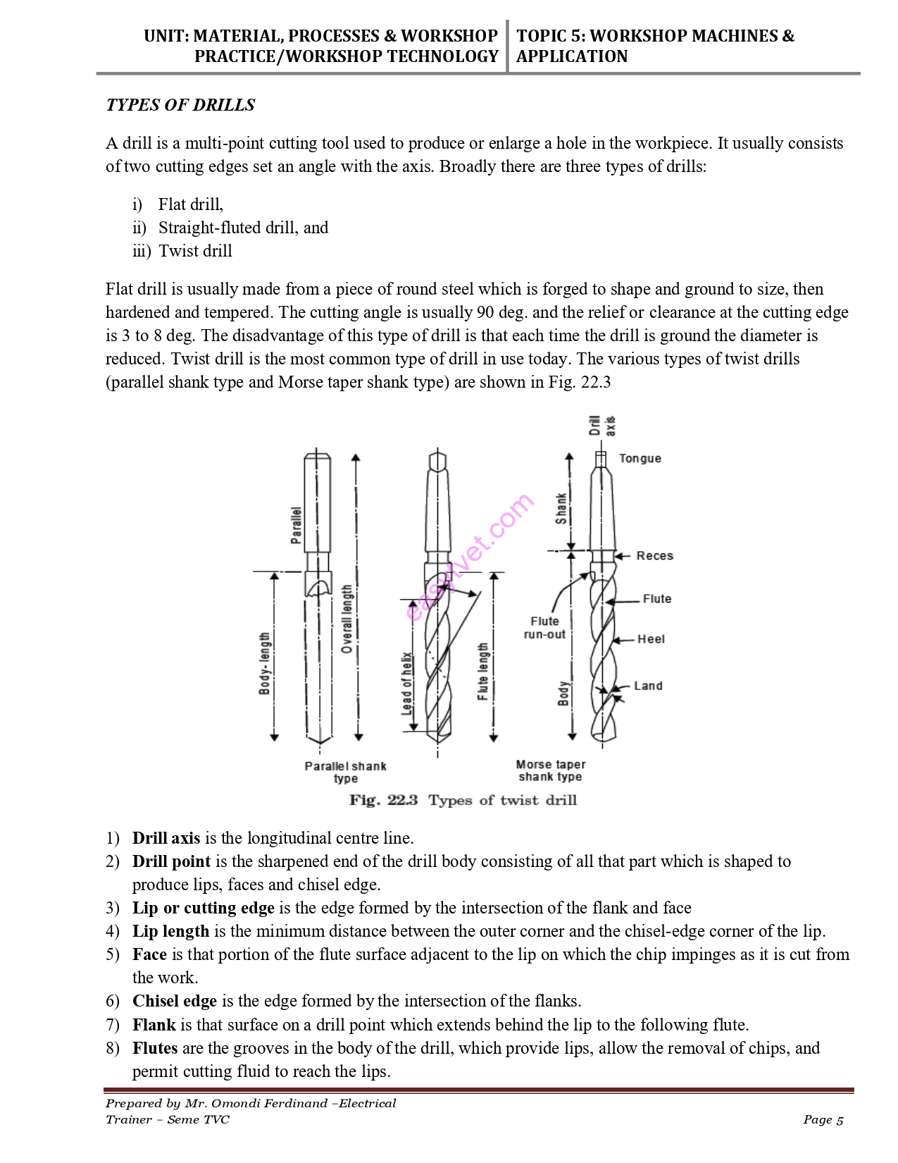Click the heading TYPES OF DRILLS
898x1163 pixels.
pos(180,105)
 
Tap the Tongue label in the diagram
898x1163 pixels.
pos(640,458)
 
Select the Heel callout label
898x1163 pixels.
pos(651,639)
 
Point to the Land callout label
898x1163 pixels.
pos(648,686)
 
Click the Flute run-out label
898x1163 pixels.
pos(544,627)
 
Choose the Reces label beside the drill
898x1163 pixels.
pos(654,555)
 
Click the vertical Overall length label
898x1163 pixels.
pos(347,619)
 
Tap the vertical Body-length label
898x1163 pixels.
pos(265,663)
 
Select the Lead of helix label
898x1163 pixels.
pos(407,684)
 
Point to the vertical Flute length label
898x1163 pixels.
pos(483,671)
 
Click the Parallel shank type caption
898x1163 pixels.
pos(345,772)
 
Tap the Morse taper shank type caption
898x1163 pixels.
pos(550,770)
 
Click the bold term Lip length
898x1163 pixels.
pos(170,931)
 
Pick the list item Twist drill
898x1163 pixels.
pos(195,251)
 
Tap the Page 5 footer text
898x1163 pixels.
pos(823,1119)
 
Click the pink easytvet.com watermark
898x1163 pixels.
pos(470,557)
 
